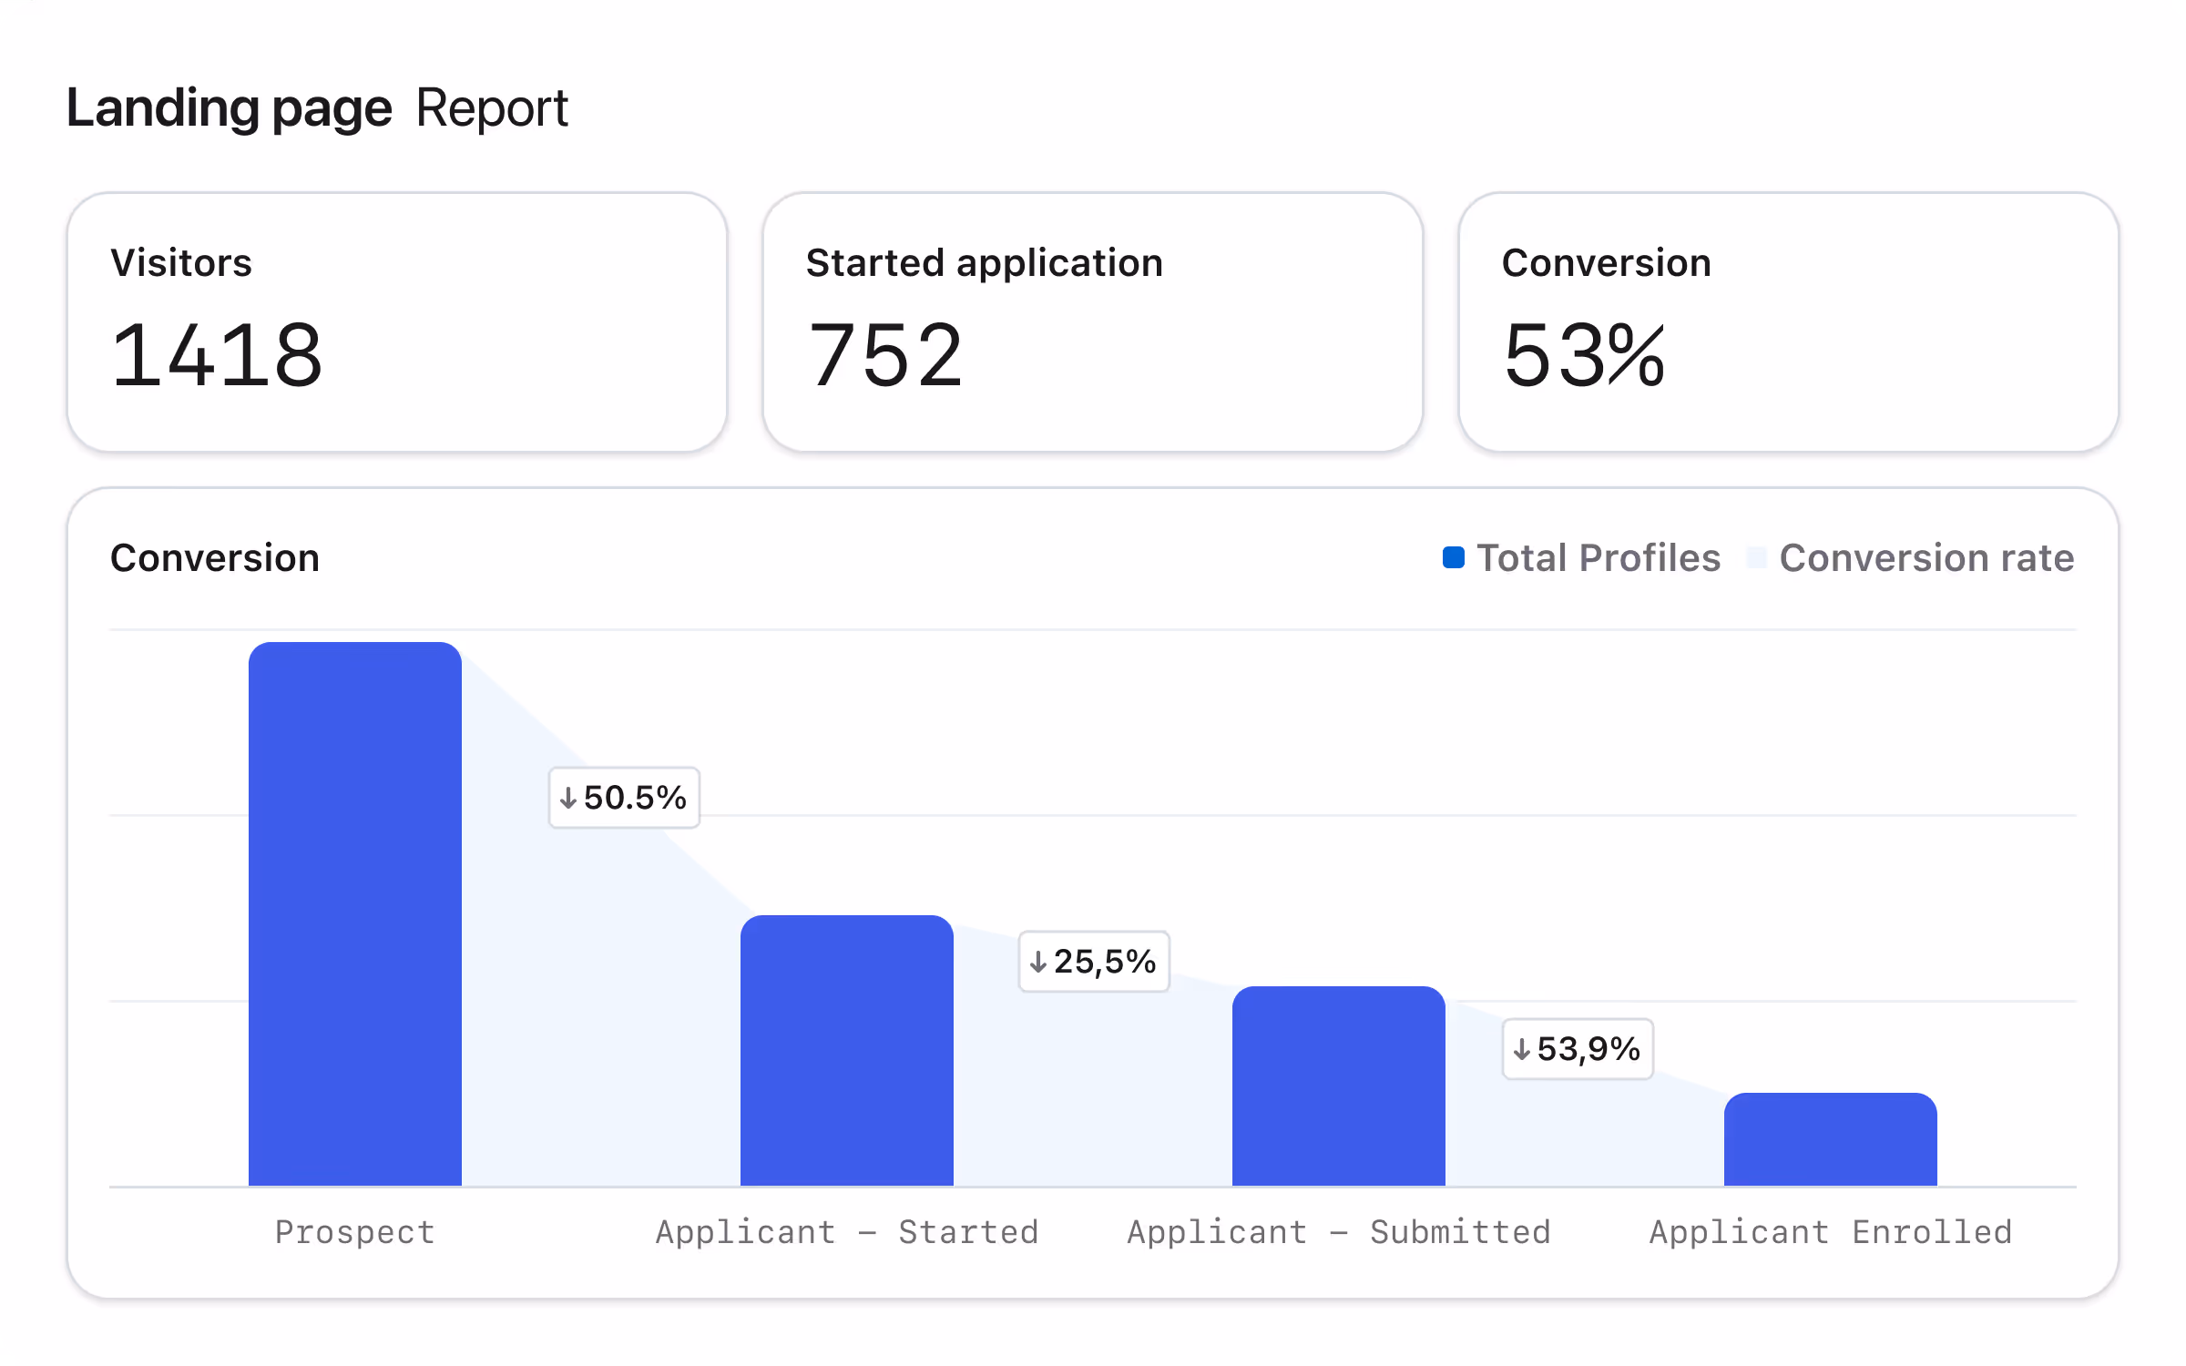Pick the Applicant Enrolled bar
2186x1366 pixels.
(x=1831, y=1139)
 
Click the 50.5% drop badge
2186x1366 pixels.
(x=624, y=798)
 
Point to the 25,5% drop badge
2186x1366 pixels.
(x=1094, y=962)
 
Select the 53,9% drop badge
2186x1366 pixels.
(x=1578, y=1049)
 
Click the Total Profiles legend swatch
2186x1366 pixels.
(x=1454, y=557)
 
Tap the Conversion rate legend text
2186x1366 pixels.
(x=1926, y=557)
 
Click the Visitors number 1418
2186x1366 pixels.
(x=217, y=355)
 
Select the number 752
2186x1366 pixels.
(x=885, y=355)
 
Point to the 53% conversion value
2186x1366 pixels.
(x=1585, y=355)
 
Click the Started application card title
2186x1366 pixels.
(x=985, y=262)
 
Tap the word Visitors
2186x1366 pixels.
(x=181, y=262)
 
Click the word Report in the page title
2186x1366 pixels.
(x=492, y=108)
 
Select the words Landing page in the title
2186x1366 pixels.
(x=230, y=108)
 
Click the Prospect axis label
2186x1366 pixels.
(x=355, y=1232)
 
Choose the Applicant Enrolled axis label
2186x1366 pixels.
(x=1831, y=1232)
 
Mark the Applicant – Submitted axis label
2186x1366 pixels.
(x=1339, y=1232)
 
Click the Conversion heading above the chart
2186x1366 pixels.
(x=215, y=557)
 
